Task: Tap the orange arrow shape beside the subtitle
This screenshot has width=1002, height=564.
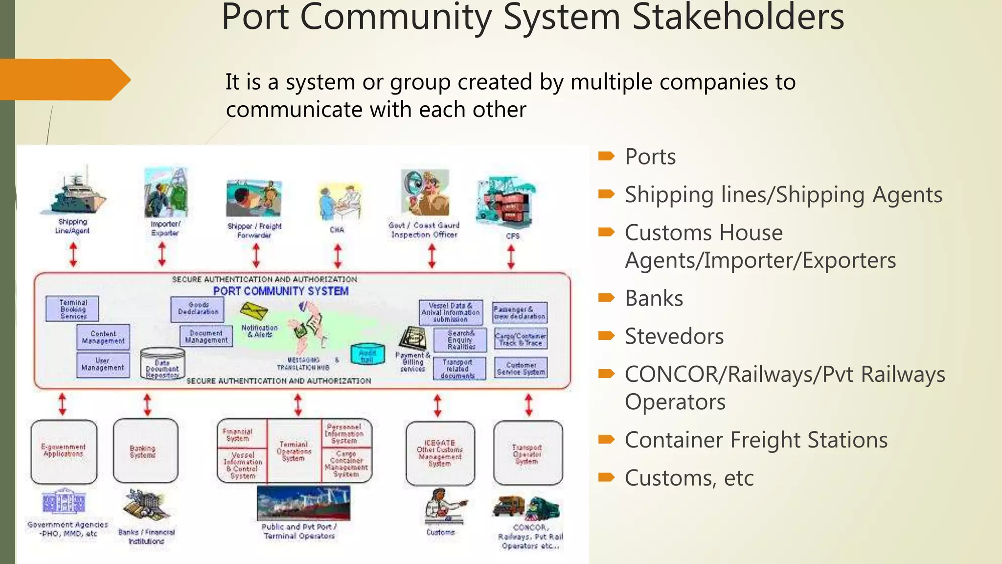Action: point(64,79)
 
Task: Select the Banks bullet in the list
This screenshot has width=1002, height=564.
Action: point(654,298)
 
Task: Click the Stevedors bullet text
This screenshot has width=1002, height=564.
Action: point(674,336)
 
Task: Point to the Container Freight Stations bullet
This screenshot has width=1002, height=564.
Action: point(756,440)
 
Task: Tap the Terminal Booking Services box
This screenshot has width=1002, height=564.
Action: point(72,309)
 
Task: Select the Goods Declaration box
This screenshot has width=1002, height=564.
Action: point(198,309)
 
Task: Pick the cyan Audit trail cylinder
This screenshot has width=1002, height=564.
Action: point(367,355)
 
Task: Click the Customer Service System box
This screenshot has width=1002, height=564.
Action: point(521,368)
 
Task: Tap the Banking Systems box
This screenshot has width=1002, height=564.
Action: point(145,451)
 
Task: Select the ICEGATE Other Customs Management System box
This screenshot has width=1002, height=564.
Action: point(440,453)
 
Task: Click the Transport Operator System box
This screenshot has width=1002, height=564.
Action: point(527,453)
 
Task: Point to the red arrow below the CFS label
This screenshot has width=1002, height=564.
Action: point(511,257)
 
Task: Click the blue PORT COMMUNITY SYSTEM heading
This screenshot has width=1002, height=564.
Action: point(281,291)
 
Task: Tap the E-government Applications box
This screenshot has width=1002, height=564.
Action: point(64,451)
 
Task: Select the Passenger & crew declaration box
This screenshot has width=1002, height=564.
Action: point(519,312)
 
